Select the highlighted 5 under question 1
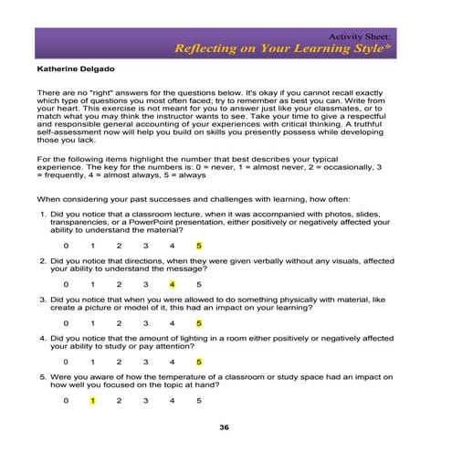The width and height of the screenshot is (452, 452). pyautogui.click(x=198, y=245)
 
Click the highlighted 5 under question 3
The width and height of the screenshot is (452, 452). pyautogui.click(x=198, y=322)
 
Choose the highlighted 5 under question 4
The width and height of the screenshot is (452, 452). pyautogui.click(x=198, y=362)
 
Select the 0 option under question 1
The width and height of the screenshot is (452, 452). pyautogui.click(x=66, y=245)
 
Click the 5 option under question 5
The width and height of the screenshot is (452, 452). pyautogui.click(x=198, y=400)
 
